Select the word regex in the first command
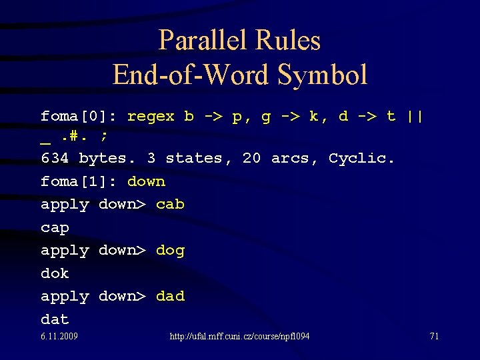(x=151, y=116)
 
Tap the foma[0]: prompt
(x=79, y=116)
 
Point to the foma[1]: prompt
(x=79, y=181)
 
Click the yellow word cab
(x=170, y=204)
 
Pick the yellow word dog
(x=170, y=250)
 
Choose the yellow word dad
(x=170, y=296)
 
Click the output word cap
(x=55, y=227)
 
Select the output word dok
(x=55, y=273)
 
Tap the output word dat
(x=55, y=319)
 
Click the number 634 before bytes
(x=55, y=158)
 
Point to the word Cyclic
(x=362, y=158)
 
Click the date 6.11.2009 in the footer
(x=59, y=336)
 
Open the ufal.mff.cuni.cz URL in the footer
(x=240, y=336)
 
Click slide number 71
(x=433, y=336)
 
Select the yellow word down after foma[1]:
(x=146, y=181)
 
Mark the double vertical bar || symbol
(x=415, y=116)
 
